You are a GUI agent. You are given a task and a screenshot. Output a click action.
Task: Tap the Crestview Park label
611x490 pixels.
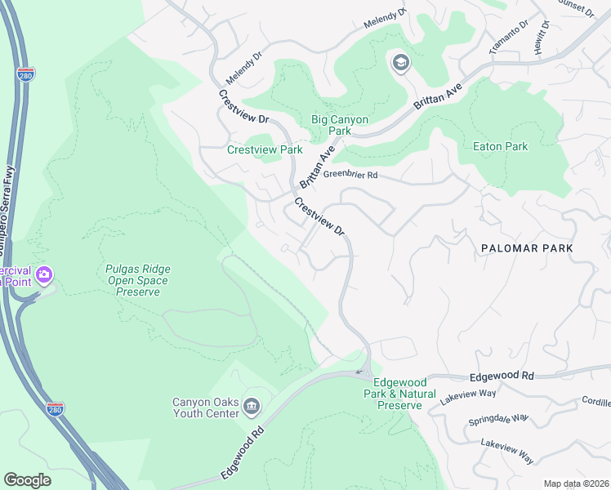(x=265, y=150)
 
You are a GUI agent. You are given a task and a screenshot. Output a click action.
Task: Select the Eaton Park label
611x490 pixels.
(x=501, y=147)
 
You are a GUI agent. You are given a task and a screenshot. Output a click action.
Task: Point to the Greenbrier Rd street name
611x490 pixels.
(x=350, y=175)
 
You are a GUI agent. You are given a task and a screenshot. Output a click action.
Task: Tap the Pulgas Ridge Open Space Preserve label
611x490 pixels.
(x=137, y=280)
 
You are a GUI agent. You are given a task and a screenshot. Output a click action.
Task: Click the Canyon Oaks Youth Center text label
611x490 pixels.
(x=206, y=408)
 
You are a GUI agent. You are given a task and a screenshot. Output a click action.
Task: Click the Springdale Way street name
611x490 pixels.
(x=497, y=421)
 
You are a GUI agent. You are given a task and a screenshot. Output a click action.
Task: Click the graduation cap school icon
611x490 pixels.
(x=400, y=63)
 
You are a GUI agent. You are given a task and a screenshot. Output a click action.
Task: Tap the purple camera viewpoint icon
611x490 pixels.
(x=45, y=274)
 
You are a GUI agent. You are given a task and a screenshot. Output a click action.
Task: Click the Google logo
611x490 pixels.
(x=27, y=479)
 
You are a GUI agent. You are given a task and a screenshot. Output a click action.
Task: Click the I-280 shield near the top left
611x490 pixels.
(x=25, y=74)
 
